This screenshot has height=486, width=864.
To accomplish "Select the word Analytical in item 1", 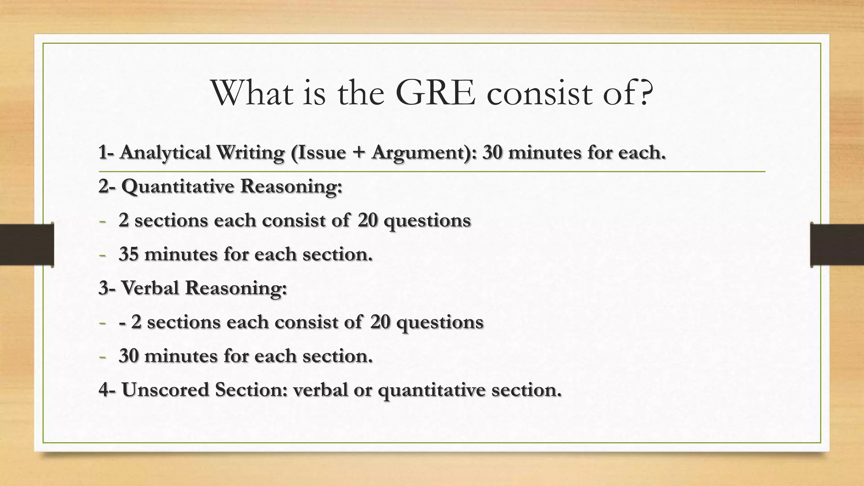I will (x=165, y=153).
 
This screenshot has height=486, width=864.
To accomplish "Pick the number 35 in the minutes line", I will (x=128, y=254).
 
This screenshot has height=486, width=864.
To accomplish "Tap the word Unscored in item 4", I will (x=165, y=389).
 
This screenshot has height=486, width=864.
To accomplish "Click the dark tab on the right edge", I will (x=837, y=245).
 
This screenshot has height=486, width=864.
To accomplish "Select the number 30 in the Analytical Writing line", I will (x=492, y=153).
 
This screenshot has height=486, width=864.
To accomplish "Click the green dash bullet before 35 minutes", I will (x=102, y=255).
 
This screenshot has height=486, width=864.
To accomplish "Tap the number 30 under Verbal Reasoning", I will (x=128, y=356).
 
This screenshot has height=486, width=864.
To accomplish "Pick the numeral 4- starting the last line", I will (x=107, y=389).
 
